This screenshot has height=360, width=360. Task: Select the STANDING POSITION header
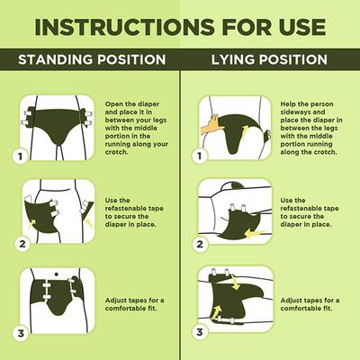[x=92, y=59]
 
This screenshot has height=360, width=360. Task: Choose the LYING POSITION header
[x=268, y=59]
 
